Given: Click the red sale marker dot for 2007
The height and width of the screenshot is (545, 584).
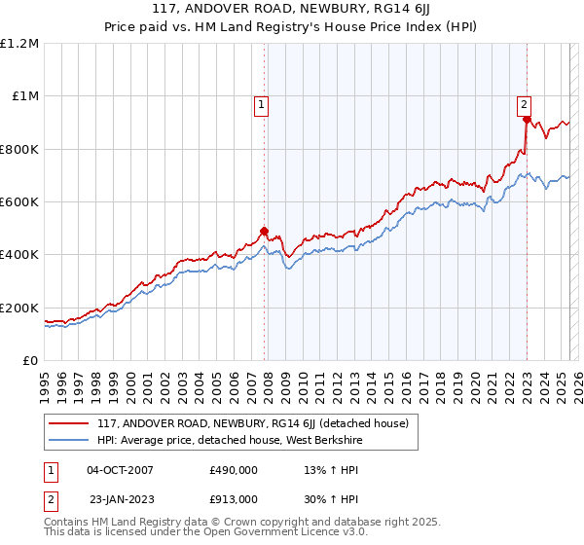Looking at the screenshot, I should (x=264, y=232).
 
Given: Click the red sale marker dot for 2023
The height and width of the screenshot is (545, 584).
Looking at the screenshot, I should (x=527, y=120).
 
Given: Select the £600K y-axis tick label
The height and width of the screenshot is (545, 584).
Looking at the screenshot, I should (x=19, y=202).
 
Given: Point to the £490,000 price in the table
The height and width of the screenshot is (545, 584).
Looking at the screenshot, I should (x=234, y=469).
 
